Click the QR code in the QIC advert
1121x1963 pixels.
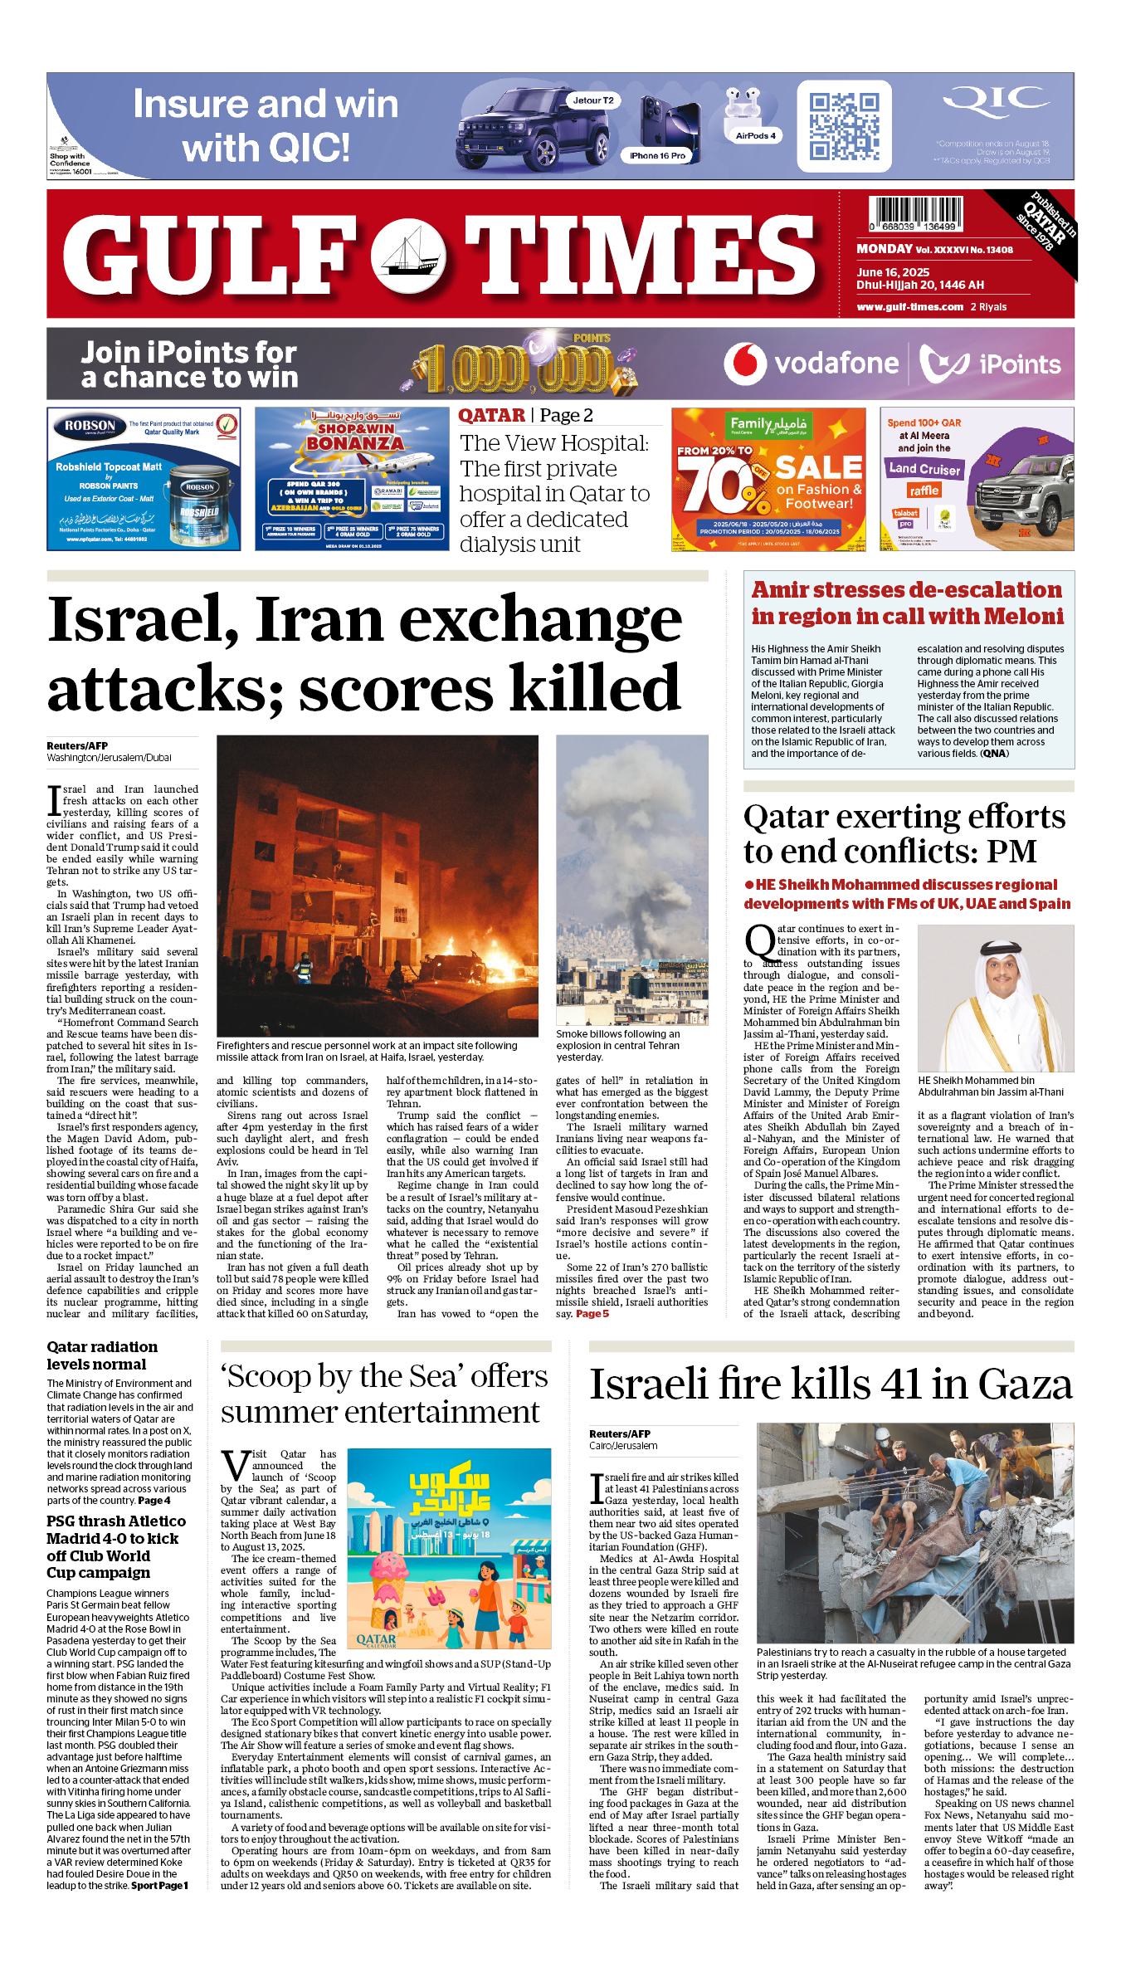[x=845, y=126]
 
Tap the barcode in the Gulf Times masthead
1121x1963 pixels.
[x=915, y=212]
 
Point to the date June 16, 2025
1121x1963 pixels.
[x=893, y=272]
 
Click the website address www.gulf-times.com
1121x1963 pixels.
[x=909, y=307]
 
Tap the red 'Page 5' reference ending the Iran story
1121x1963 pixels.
[x=592, y=1314]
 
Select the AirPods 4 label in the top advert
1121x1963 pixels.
[x=755, y=135]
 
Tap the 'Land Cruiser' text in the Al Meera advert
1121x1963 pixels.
[x=924, y=469]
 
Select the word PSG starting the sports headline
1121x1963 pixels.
[x=61, y=1521]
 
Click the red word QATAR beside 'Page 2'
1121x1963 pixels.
[x=491, y=416]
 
